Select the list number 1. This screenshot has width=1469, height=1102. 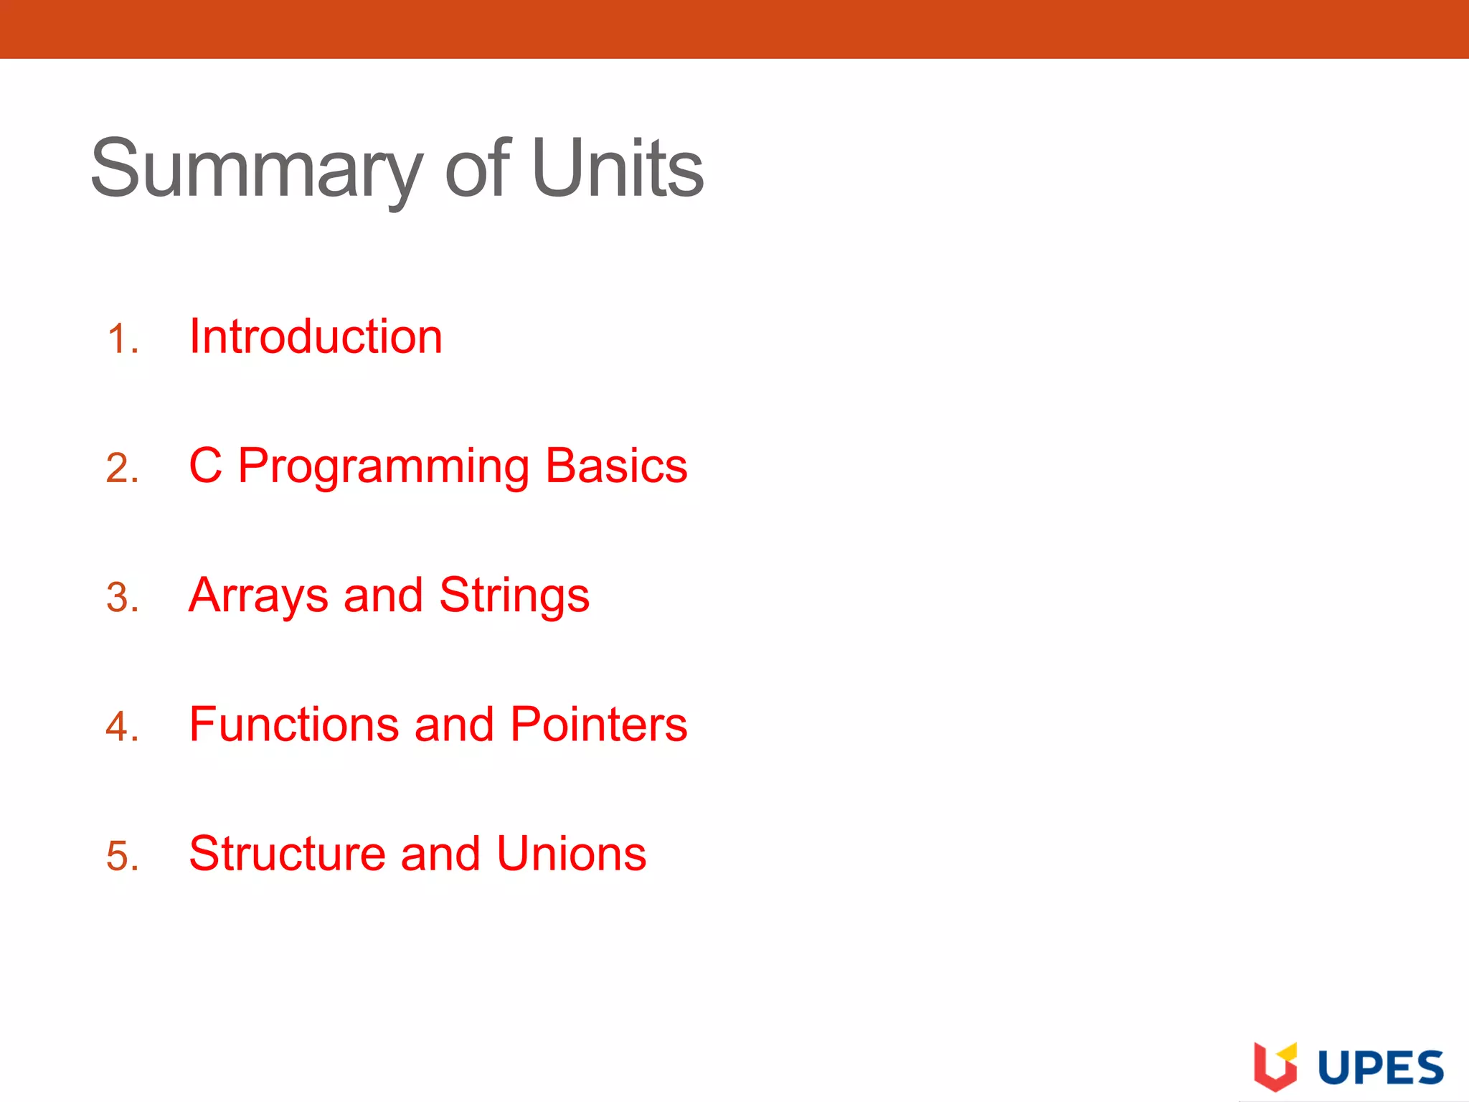tap(122, 339)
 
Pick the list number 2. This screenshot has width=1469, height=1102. tap(122, 468)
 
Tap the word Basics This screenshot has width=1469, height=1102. tap(616, 466)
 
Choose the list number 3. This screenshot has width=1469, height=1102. tap(122, 597)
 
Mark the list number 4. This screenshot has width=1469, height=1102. tap(122, 726)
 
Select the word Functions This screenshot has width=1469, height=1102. tap(294, 724)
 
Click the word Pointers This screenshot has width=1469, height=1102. tap(599, 724)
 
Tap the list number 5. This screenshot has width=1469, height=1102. tap(122, 855)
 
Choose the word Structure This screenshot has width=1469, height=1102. tap(287, 854)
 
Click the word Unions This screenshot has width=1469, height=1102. tap(571, 854)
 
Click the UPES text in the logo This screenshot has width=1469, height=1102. tap(1381, 1067)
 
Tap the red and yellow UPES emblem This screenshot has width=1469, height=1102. tap(1275, 1065)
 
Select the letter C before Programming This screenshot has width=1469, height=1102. tap(205, 466)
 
